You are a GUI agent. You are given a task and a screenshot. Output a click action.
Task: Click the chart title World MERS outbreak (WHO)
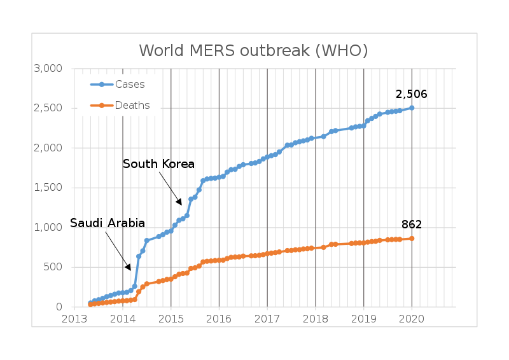point(253,50)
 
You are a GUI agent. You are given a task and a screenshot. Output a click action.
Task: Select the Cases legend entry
point(129,85)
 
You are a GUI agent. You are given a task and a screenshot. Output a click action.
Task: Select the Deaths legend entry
point(132,106)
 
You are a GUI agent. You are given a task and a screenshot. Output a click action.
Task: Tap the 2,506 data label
point(411,94)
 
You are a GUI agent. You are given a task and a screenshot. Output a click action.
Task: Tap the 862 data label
point(411,225)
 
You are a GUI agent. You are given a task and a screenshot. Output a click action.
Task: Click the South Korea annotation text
point(158,164)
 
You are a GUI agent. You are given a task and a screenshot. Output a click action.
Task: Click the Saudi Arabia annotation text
point(108,223)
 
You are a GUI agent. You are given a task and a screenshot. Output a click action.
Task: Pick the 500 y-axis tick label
point(53,267)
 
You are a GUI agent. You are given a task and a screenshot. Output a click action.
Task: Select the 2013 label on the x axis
point(74,319)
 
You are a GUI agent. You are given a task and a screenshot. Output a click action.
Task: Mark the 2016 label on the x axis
point(219,319)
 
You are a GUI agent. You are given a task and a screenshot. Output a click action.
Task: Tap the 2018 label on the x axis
point(315,319)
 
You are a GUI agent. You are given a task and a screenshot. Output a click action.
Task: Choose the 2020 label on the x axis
point(411,319)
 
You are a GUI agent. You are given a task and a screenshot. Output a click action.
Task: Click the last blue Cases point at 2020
point(412,107)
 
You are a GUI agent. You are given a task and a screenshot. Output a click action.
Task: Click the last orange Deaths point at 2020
point(412,239)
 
